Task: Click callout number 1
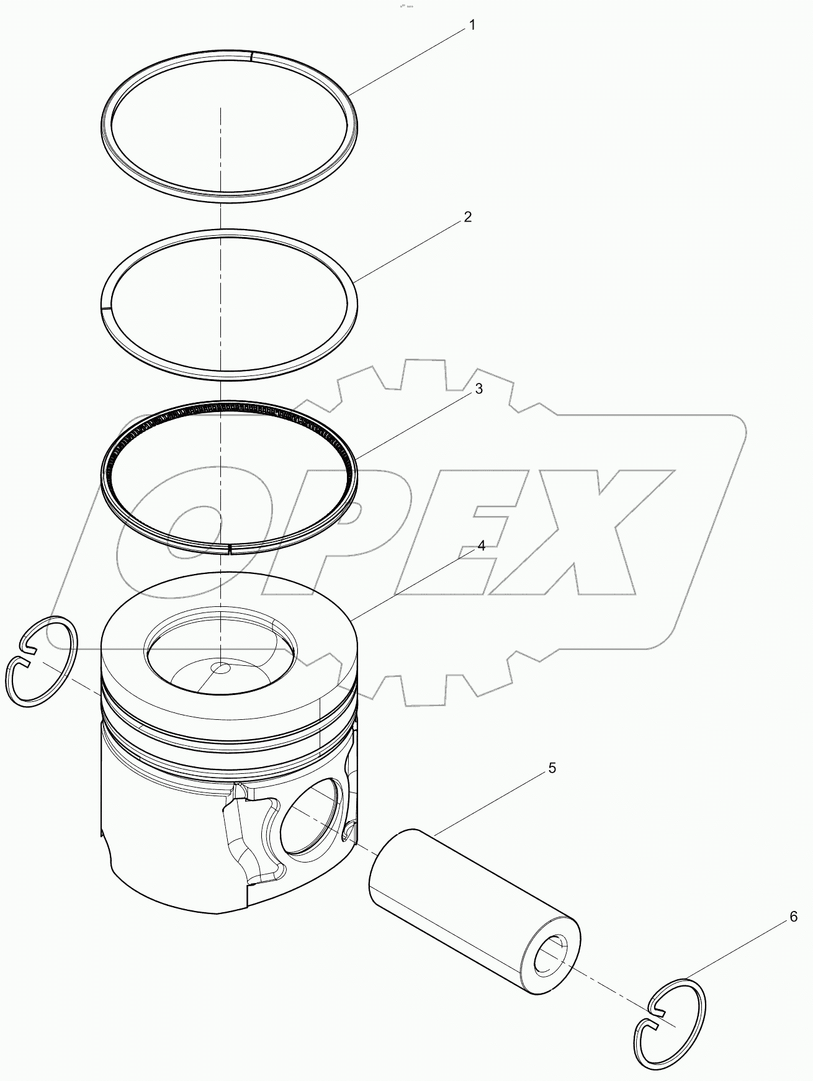472,25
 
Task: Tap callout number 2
468,217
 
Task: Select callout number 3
478,389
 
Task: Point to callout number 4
481,546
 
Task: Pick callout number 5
552,768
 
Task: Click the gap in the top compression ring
252,56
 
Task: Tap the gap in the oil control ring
230,548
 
